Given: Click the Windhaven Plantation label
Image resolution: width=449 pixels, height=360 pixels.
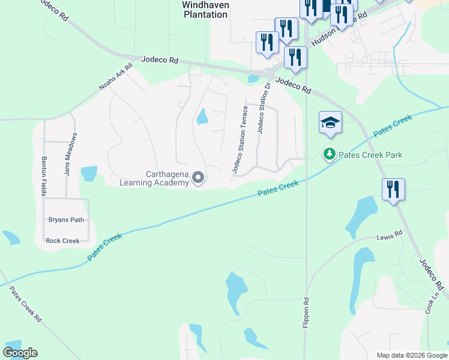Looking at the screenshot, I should [x=205, y=9].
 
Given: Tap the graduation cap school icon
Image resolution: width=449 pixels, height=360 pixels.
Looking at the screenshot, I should [x=330, y=122].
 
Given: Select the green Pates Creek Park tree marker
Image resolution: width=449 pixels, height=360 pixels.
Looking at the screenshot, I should [x=329, y=155].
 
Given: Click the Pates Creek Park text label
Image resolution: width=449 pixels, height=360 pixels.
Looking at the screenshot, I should [x=369, y=155].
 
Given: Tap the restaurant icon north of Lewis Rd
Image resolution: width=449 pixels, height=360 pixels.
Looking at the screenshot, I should [x=393, y=190].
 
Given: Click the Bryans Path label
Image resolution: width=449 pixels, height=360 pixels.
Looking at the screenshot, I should [x=66, y=220].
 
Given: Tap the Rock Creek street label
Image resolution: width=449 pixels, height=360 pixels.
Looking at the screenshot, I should [x=62, y=241].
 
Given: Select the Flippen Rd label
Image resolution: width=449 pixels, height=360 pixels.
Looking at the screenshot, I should [x=306, y=312].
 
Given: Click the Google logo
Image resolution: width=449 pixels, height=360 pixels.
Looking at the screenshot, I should [x=20, y=353].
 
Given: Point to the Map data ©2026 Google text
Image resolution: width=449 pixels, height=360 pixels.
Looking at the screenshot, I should [x=411, y=355].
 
